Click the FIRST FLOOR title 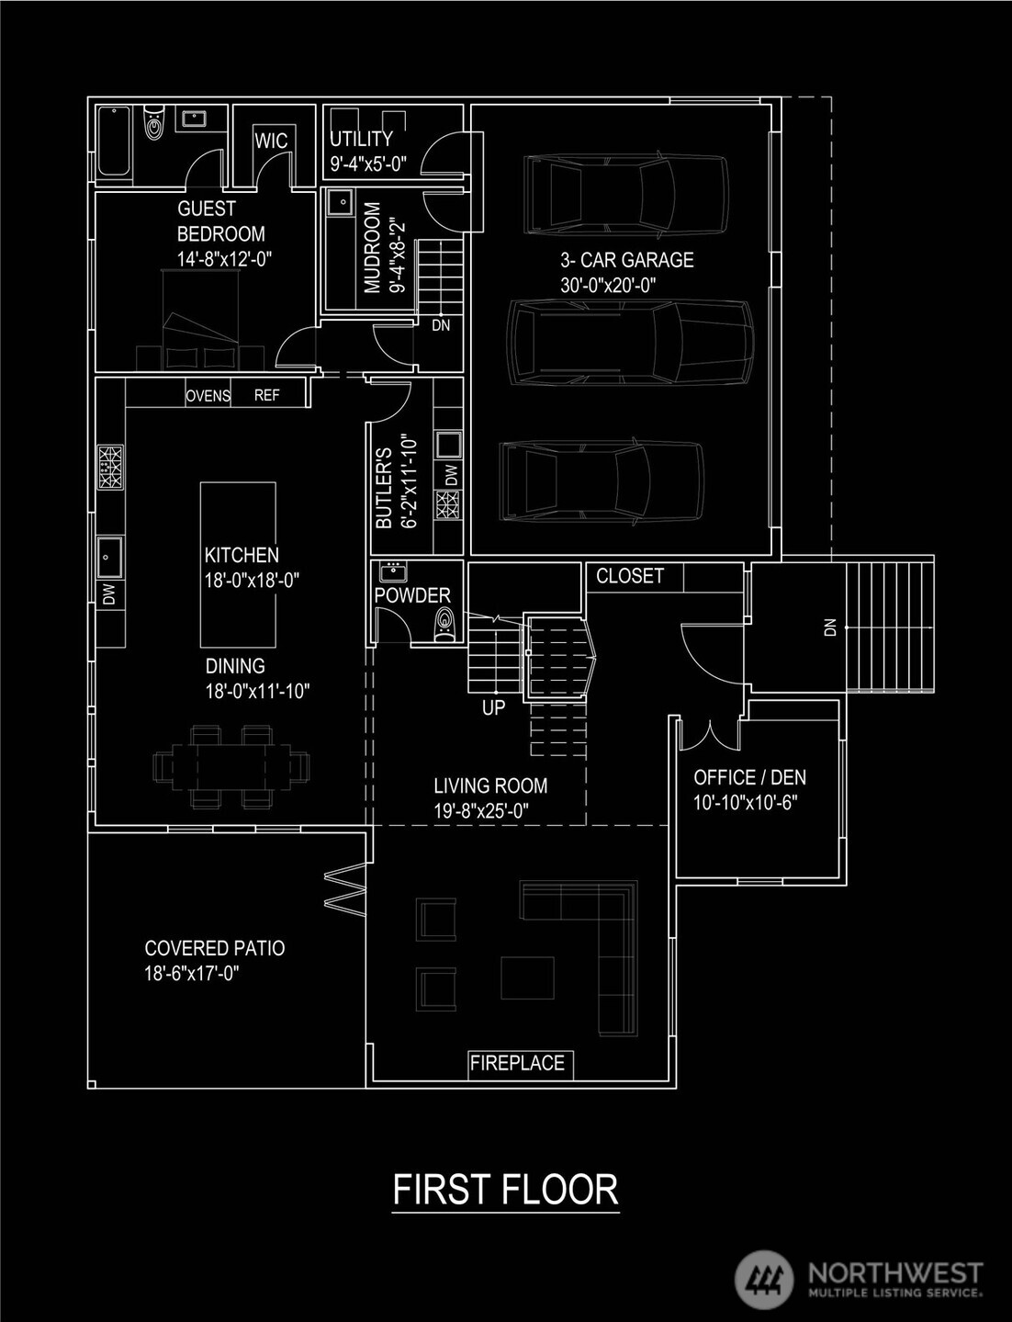(x=505, y=1189)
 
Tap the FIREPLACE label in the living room (x=517, y=1064)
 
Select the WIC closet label (x=271, y=141)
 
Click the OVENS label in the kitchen (x=208, y=396)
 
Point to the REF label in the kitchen (x=266, y=396)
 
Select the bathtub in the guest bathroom (x=114, y=141)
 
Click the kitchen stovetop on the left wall (x=110, y=467)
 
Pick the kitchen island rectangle (x=238, y=564)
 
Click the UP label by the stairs (x=493, y=708)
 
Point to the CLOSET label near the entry (x=630, y=576)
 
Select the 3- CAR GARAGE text (x=627, y=260)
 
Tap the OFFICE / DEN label (x=749, y=777)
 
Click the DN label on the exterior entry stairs (x=830, y=627)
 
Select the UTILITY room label (x=361, y=139)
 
